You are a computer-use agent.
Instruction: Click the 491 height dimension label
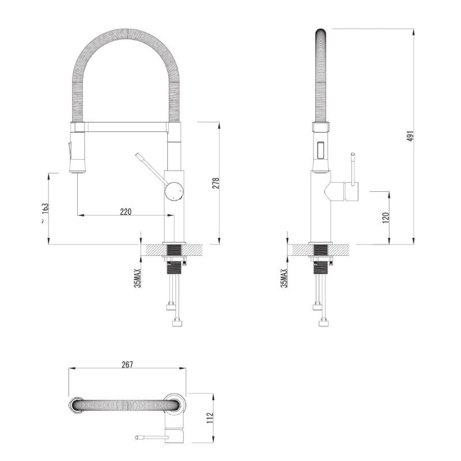[x=411, y=135]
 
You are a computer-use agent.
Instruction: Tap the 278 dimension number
[x=216, y=183]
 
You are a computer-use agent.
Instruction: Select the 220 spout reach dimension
[x=126, y=211]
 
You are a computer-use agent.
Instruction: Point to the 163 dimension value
[x=46, y=209]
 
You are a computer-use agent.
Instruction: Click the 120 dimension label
[x=386, y=218]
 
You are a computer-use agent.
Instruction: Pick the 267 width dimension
[x=127, y=365]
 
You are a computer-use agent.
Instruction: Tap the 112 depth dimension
[x=210, y=418]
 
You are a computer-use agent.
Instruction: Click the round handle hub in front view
[x=174, y=191]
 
